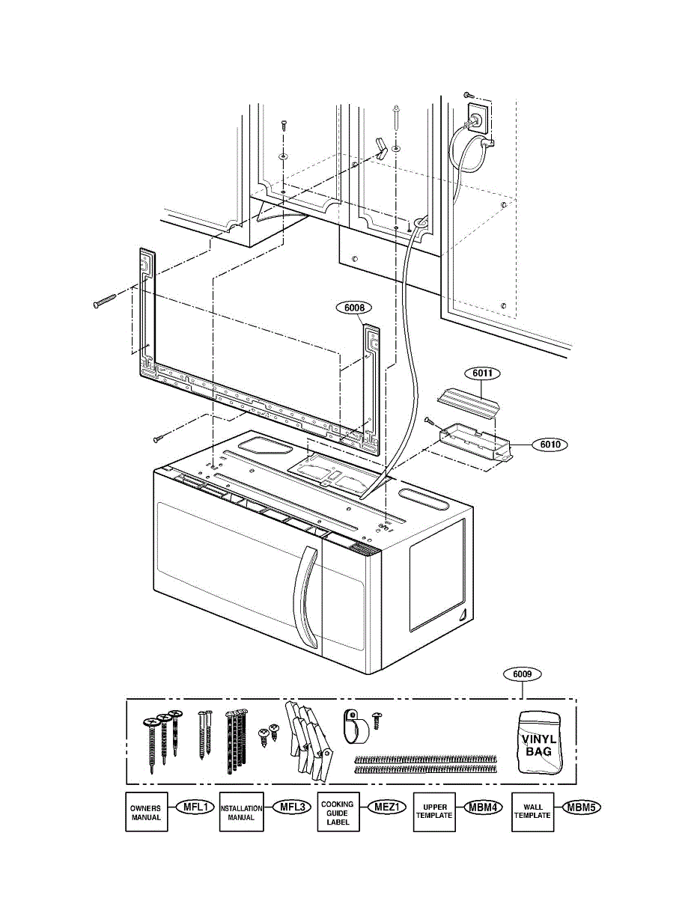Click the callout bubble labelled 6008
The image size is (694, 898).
click(x=354, y=307)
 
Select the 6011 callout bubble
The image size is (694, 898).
click(x=485, y=373)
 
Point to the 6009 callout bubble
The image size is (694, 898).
click(x=523, y=674)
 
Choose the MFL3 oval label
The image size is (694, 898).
click(x=290, y=807)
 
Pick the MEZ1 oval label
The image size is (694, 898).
click(x=386, y=807)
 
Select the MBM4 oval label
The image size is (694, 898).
click(x=483, y=807)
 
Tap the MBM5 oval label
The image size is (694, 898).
click(x=581, y=807)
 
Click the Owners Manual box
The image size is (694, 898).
click(x=146, y=813)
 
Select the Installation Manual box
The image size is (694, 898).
click(x=241, y=813)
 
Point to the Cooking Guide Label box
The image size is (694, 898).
click(x=338, y=813)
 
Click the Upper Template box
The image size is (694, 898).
click(x=435, y=811)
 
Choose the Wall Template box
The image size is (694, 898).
click(x=533, y=811)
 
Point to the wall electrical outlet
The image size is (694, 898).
click(x=476, y=117)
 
